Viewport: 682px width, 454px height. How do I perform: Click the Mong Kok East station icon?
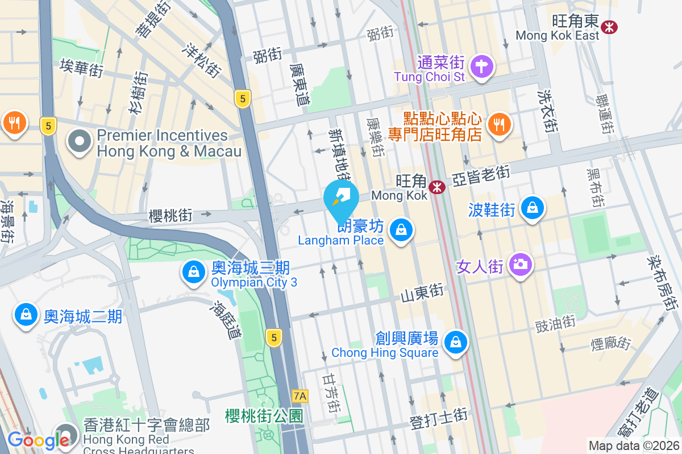click(x=610, y=27)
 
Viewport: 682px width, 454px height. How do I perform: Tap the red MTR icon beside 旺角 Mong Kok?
click(x=437, y=187)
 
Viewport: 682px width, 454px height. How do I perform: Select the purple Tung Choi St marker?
click(x=482, y=66)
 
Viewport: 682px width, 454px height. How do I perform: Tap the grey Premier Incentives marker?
click(x=80, y=142)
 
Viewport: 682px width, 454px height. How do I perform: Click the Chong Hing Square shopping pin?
click(x=455, y=342)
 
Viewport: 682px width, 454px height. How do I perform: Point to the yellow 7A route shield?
click(x=300, y=396)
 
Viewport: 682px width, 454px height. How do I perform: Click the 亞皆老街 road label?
click(x=481, y=176)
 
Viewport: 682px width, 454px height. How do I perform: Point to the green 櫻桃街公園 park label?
click(x=264, y=415)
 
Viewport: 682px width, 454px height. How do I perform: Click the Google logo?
click(x=38, y=440)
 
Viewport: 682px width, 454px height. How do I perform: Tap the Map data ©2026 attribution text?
click(x=633, y=445)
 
